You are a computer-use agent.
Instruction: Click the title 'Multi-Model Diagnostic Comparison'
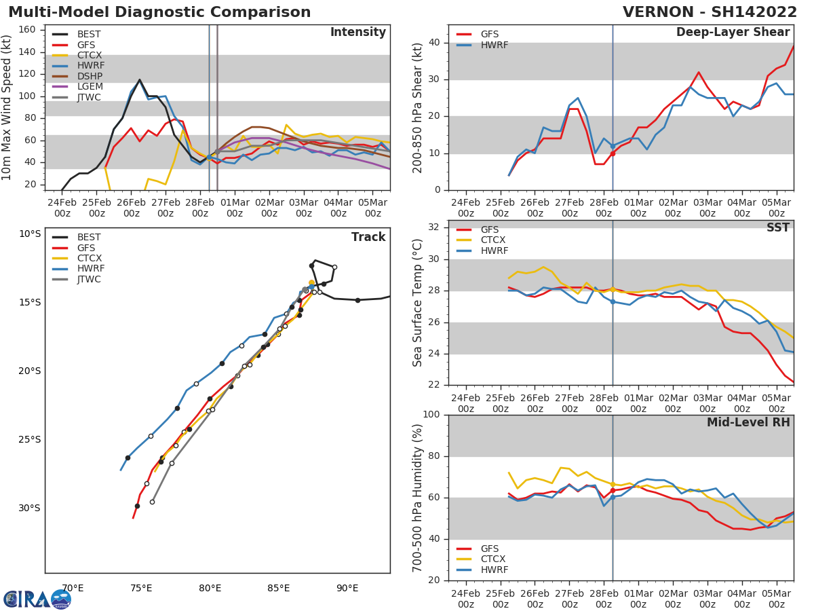point(159,12)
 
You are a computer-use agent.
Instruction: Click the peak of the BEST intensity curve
point(140,79)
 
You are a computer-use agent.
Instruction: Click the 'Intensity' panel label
point(357,33)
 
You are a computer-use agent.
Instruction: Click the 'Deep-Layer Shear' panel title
point(733,33)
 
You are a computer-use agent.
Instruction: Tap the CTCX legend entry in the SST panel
point(494,240)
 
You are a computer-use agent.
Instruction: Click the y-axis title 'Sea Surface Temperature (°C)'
point(418,302)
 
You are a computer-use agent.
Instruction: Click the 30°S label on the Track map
point(29,508)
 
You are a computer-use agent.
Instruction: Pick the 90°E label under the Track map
point(347,588)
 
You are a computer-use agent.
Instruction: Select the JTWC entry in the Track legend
point(90,279)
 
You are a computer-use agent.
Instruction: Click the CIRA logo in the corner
point(37,599)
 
